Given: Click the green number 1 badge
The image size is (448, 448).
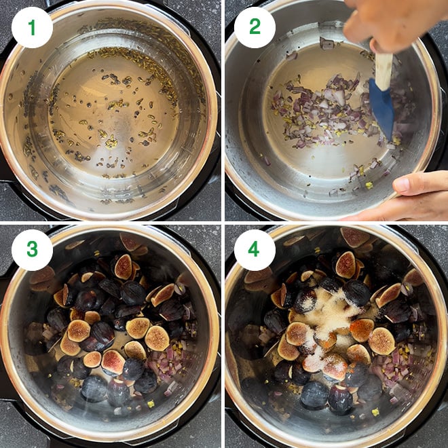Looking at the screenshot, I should point(31,28).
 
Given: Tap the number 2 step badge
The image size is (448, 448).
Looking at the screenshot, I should point(255,28).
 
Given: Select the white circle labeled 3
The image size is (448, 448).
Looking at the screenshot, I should point(31,250).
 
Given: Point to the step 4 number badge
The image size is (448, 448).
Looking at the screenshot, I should point(255,250).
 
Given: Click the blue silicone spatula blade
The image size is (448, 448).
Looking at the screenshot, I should point(381,107).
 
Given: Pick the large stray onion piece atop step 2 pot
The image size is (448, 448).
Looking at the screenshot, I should point(326,43).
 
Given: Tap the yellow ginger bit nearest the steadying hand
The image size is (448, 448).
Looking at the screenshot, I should point(369,185).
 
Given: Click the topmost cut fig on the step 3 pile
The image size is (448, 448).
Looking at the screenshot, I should point(124,267).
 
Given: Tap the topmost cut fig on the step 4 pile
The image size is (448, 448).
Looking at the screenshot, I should point(346,265).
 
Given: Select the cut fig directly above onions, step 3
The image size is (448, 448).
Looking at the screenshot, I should point(157,337).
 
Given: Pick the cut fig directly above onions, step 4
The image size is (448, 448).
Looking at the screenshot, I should point(381,341).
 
